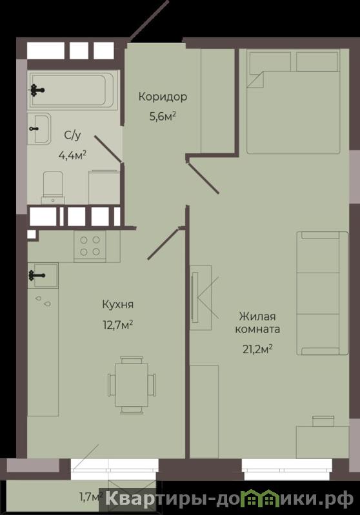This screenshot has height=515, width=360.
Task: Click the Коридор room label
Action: tap(163, 97)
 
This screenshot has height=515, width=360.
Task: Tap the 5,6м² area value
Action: tap(163, 116)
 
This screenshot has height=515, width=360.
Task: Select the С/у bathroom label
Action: tap(72, 135)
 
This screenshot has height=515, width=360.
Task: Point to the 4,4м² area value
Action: tap(72, 155)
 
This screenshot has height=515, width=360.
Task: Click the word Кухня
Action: tap(118, 304)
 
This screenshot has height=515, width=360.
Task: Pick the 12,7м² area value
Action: tap(118, 325)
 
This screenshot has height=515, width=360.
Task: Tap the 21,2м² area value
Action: tap(258, 349)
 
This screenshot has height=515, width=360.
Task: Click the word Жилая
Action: tap(257, 316)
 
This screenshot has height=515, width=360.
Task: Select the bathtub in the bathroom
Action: tap(72, 90)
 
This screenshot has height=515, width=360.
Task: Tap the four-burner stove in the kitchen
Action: tap(90, 246)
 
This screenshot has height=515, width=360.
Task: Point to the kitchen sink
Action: tap(43, 276)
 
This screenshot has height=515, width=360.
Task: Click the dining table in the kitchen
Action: tap(132, 385)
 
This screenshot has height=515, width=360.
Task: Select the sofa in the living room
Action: tap(322, 293)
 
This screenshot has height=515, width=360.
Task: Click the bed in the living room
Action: tap(294, 101)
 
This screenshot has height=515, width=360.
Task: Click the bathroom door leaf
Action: tap(108, 149)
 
